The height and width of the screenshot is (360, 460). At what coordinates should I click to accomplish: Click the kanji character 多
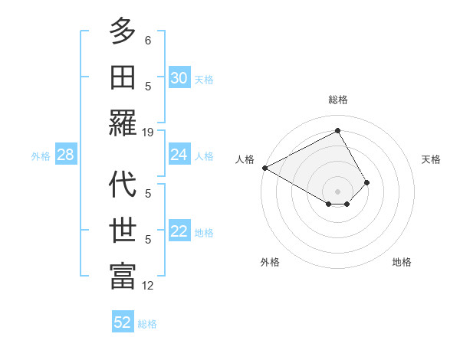(123, 31)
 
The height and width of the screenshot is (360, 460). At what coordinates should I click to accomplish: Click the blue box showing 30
(179, 78)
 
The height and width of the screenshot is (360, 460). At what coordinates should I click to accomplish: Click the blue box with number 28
(66, 155)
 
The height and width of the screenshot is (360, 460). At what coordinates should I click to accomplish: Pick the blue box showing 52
(123, 322)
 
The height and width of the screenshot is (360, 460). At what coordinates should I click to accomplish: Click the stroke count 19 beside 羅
(148, 132)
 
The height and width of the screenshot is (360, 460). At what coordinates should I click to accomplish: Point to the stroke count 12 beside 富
(148, 286)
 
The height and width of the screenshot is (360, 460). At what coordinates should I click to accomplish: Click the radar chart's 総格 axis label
(338, 100)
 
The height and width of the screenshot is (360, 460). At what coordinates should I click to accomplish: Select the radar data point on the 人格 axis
(264, 168)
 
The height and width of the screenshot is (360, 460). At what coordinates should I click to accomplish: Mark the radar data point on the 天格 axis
(367, 182)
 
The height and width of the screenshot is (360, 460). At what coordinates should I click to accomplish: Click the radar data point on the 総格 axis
(338, 131)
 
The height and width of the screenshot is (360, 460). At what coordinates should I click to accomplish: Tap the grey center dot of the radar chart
(338, 191)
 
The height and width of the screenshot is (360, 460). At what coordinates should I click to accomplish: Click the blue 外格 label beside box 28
(41, 156)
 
